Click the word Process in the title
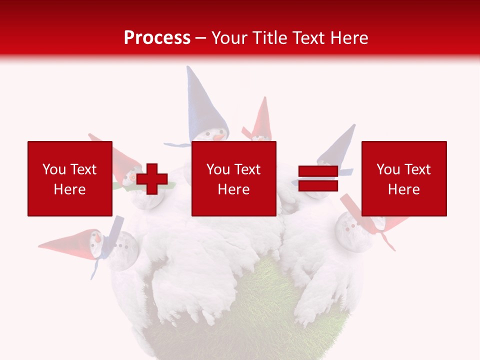tap(157, 37)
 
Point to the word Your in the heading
tap(229, 37)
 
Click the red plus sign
tap(152, 179)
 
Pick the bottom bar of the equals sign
tap(318, 185)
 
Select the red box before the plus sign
tap(69, 178)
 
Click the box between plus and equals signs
tap(233, 178)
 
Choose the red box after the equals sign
tap(404, 178)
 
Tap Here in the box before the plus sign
tap(69, 189)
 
